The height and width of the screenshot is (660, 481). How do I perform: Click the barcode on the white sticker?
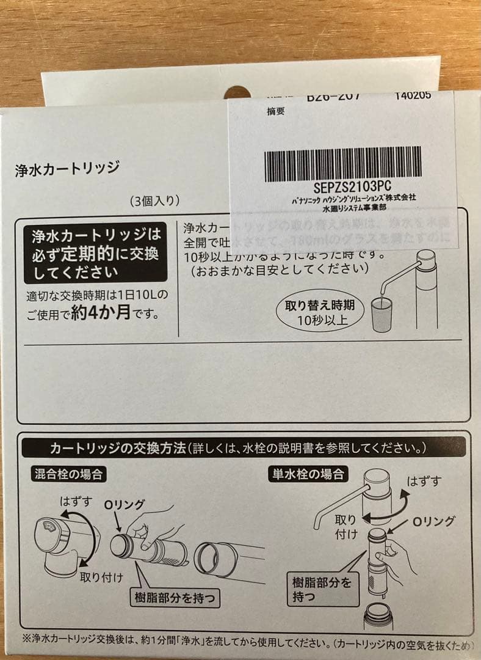(x=342, y=164)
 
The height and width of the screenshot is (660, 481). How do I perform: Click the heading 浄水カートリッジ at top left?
(x=67, y=169)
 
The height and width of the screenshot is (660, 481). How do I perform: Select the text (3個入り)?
(x=154, y=201)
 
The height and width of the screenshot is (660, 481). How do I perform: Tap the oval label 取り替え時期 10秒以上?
(x=320, y=312)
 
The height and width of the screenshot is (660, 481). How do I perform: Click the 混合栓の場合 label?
(x=68, y=474)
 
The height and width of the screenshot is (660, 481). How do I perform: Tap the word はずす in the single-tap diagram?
(x=424, y=482)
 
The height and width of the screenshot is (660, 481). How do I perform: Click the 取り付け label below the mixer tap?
(x=101, y=577)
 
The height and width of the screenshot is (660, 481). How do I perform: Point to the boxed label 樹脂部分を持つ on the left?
(x=176, y=597)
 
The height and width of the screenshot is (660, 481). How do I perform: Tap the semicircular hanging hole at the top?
(x=237, y=93)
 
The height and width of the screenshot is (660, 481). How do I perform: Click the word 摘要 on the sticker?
(x=276, y=112)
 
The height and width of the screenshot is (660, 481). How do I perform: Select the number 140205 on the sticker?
(x=413, y=95)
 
